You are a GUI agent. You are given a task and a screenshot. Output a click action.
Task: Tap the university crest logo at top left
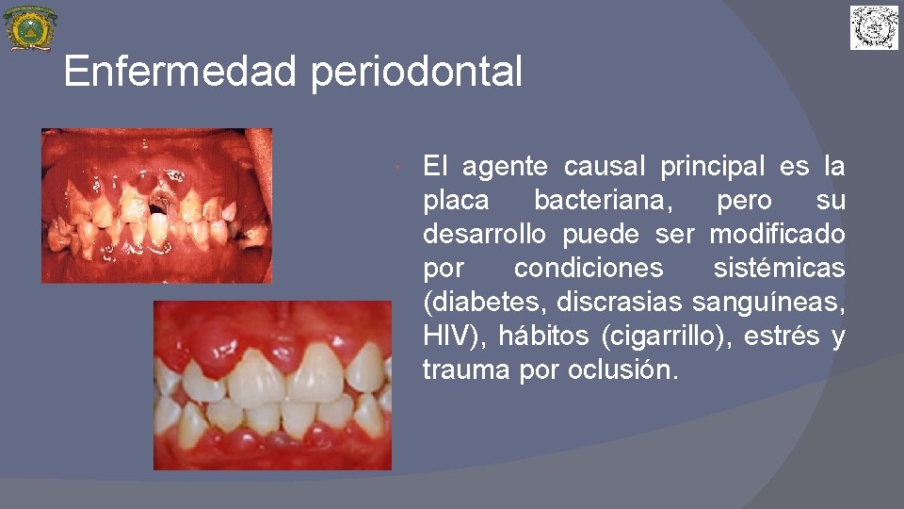[x=30, y=29]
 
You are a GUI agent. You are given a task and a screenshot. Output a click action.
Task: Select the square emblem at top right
[x=875, y=27]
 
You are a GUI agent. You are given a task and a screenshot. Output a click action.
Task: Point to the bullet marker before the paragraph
[x=400, y=168]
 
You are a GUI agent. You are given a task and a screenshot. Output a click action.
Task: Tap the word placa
[x=456, y=201]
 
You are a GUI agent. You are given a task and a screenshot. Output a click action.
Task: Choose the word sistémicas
[x=779, y=268]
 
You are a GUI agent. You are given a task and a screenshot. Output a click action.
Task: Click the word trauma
[x=466, y=369]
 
